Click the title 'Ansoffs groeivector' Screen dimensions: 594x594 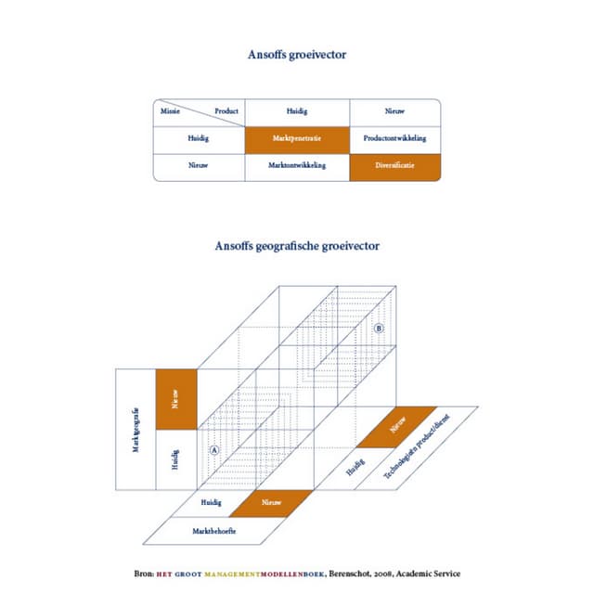point(297,55)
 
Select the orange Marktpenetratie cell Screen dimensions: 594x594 point(297,138)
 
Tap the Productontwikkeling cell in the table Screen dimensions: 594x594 point(394,138)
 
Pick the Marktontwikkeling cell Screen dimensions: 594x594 point(297,166)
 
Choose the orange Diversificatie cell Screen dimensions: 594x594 point(394,166)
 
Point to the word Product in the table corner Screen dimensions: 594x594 point(226,111)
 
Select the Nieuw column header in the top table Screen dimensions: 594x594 point(394,111)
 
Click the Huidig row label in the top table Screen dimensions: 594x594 point(199,138)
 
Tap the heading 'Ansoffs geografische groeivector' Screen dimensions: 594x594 point(297,246)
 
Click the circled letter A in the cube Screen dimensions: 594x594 point(213,449)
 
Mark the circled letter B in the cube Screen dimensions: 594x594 point(378,329)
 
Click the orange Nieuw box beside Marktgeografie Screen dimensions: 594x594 point(176,399)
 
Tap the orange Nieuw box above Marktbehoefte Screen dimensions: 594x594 point(271,502)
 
